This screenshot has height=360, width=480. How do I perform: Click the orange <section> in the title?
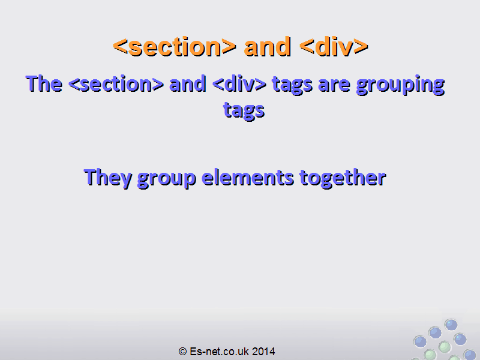click(x=175, y=47)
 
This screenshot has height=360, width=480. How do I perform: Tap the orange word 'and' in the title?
click(x=267, y=47)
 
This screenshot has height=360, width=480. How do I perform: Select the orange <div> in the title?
click(x=334, y=47)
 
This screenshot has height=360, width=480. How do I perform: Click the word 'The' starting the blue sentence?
click(x=44, y=83)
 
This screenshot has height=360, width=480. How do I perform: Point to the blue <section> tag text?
click(x=116, y=84)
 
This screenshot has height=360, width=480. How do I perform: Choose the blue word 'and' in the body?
click(x=188, y=84)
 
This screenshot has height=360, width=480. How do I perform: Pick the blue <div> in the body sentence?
click(x=239, y=84)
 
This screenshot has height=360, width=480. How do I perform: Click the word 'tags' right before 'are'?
click(x=292, y=85)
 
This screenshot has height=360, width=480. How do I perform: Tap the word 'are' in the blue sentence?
click(x=334, y=86)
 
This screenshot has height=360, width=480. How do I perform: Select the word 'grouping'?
click(x=400, y=85)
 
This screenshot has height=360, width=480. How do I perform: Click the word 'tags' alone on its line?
click(x=244, y=111)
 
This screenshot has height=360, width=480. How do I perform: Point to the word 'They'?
click(x=108, y=178)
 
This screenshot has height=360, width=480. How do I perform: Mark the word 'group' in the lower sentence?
click(x=167, y=179)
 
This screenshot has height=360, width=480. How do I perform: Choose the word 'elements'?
click(x=248, y=178)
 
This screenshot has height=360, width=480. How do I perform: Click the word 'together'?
click(x=343, y=178)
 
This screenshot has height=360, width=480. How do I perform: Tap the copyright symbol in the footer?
click(x=183, y=352)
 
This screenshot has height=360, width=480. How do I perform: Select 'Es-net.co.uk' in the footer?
click(x=219, y=352)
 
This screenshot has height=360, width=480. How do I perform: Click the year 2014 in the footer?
click(x=263, y=352)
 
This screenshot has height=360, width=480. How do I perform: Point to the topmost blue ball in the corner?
click(x=451, y=325)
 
